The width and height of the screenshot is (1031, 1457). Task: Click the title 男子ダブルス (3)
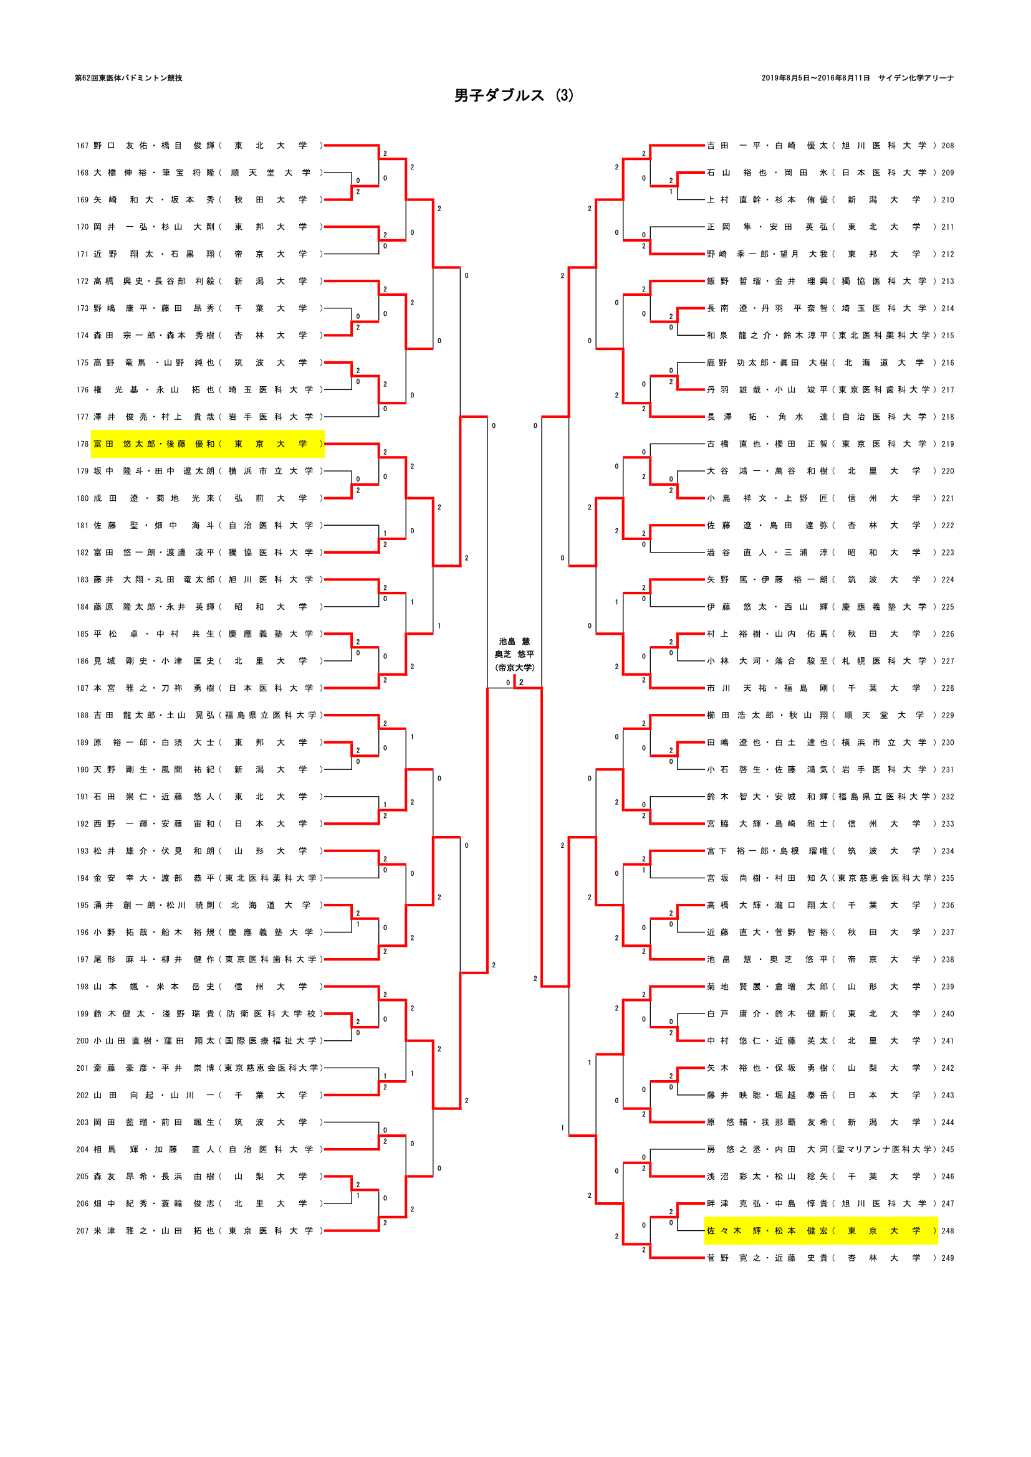pyautogui.click(x=514, y=95)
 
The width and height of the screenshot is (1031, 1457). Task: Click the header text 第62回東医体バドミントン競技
pyautogui.click(x=129, y=78)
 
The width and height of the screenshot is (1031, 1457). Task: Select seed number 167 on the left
pyautogui.click(x=82, y=146)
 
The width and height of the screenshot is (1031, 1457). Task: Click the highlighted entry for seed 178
pyautogui.click(x=208, y=444)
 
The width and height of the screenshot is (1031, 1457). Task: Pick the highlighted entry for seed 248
pyautogui.click(x=820, y=1231)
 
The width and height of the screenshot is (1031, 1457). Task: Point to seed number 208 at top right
pyautogui.click(x=947, y=146)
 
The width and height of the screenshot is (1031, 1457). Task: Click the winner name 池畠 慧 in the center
pyautogui.click(x=514, y=642)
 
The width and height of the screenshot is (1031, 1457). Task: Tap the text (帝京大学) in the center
pyautogui.click(x=515, y=668)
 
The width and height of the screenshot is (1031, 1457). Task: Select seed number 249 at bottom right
pyautogui.click(x=947, y=1258)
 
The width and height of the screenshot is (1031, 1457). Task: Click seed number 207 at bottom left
pyautogui.click(x=82, y=1231)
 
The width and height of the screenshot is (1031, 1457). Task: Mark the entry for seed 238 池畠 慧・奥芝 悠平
pyautogui.click(x=820, y=959)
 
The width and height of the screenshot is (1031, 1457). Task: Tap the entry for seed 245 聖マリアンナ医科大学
pyautogui.click(x=820, y=1149)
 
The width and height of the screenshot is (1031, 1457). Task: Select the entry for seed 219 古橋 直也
pyautogui.click(x=820, y=444)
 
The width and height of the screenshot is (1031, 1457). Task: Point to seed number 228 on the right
pyautogui.click(x=947, y=688)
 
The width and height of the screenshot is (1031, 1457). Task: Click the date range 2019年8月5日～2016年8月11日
pyautogui.click(x=815, y=78)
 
